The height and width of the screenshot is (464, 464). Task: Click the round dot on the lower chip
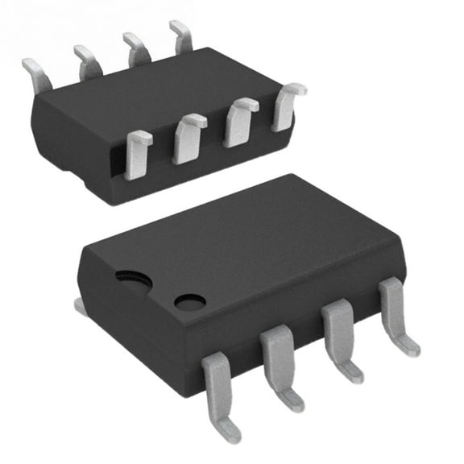click(190, 302)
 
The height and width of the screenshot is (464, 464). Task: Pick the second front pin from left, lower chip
click(279, 358)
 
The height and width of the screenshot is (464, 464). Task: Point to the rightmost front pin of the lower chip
click(396, 310)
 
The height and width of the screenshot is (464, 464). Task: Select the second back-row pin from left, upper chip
click(87, 61)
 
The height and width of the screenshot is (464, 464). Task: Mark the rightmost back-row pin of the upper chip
click(181, 36)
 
